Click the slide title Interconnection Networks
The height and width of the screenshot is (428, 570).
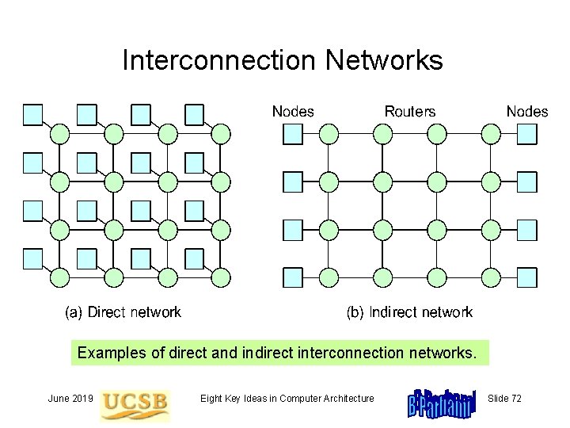tap(283, 61)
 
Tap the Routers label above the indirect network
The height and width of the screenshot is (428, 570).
tap(409, 112)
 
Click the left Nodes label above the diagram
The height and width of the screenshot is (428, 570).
tap(293, 112)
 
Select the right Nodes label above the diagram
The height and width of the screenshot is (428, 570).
tap(526, 112)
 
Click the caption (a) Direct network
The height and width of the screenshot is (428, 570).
tap(123, 312)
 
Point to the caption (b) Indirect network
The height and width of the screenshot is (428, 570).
tap(409, 312)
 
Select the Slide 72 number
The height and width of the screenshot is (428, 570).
tap(505, 398)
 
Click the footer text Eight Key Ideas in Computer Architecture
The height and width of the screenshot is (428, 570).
tap(287, 398)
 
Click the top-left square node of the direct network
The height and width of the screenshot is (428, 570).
tap(33, 115)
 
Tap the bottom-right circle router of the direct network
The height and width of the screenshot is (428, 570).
tap(222, 277)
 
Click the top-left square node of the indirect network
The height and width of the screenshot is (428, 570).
tap(293, 134)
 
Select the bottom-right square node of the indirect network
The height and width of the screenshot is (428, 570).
tap(527, 277)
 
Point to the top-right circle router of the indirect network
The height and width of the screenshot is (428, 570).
tap(492, 134)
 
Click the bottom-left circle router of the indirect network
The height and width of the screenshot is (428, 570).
tap(329, 277)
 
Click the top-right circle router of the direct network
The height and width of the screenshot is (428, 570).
tap(222, 134)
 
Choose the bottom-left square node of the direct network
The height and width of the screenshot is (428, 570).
tap(33, 258)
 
